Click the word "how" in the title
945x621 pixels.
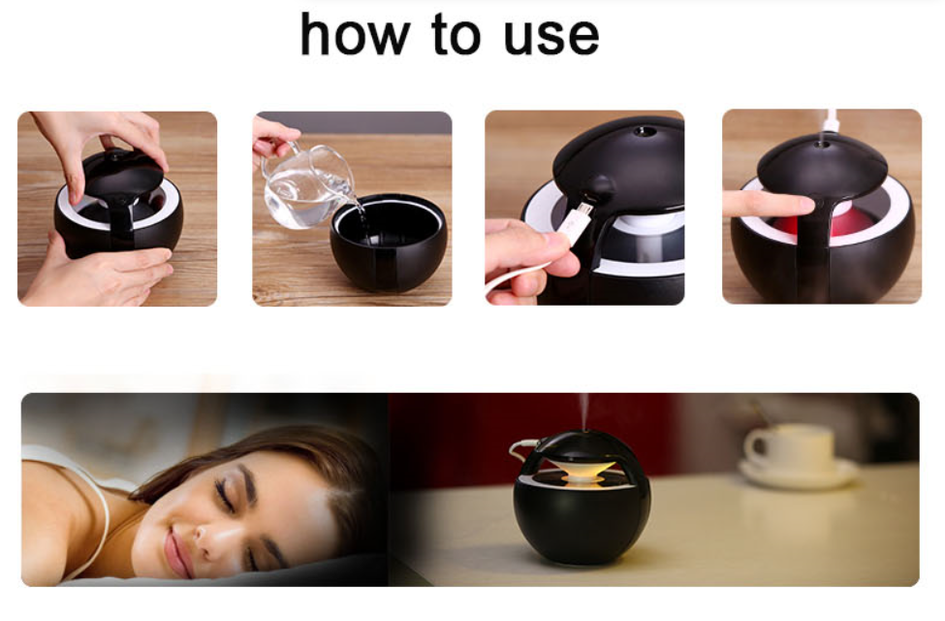(356, 35)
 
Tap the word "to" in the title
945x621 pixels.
(457, 35)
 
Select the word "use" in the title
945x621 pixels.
(551, 38)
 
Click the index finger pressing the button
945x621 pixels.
(769, 205)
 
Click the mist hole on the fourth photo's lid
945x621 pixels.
(822, 144)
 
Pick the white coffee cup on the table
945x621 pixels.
(790, 447)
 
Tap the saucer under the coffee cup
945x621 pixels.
(800, 474)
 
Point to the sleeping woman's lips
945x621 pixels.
(176, 551)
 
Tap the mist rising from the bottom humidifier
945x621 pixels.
(583, 412)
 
